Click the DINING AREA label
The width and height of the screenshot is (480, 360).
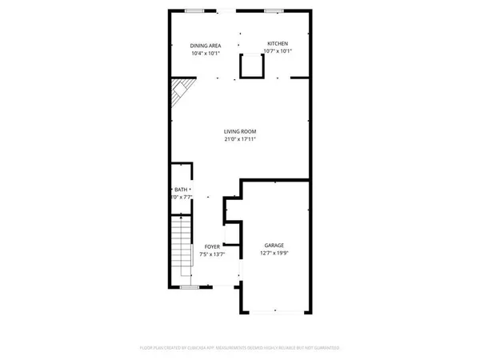pos(206,45)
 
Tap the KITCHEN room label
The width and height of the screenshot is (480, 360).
pos(278,44)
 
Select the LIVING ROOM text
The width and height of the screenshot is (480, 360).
pos(240,132)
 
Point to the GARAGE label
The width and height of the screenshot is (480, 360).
pos(274,246)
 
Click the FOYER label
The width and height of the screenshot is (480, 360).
pos(212,247)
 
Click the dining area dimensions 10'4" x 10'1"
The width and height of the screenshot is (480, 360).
pos(206,53)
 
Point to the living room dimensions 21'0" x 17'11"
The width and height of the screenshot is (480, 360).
pos(240,140)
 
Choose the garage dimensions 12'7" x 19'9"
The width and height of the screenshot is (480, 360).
pos(274,254)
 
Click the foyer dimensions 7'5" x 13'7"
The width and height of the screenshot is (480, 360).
pos(212,254)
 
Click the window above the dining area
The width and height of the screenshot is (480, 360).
pos(194,11)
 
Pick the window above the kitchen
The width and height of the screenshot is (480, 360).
pos(274,11)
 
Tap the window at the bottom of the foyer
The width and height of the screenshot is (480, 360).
pos(190,286)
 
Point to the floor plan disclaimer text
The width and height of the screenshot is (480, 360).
pos(240,348)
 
